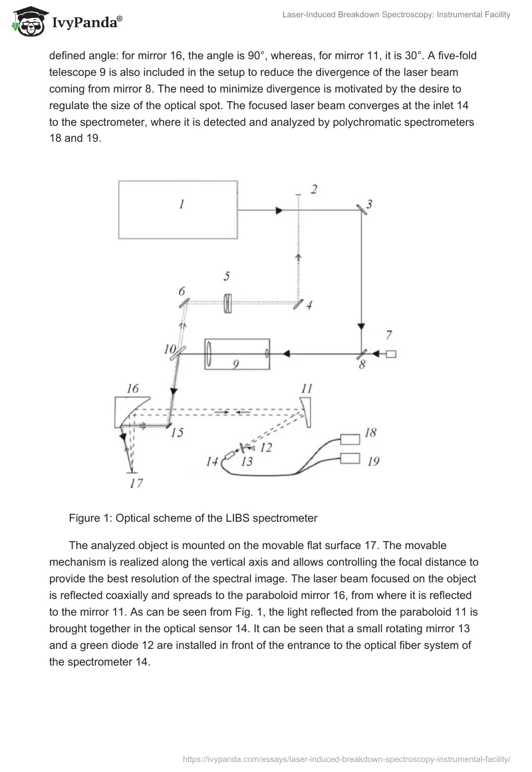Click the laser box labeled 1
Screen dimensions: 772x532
[178, 209]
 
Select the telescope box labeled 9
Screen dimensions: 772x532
[237, 353]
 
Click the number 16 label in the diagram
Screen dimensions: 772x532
[132, 388]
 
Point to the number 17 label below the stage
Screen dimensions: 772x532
[136, 483]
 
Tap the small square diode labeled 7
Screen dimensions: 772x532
[391, 353]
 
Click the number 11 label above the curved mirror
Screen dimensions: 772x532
[307, 388]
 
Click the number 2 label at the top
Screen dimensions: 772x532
[314, 190]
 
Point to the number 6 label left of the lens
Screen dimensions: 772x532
[181, 292]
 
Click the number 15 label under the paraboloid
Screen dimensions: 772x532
[176, 433]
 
